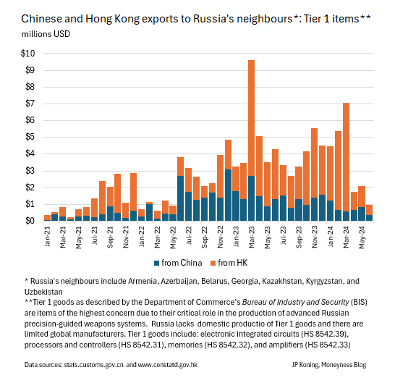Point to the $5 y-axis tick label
coord(29,137)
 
